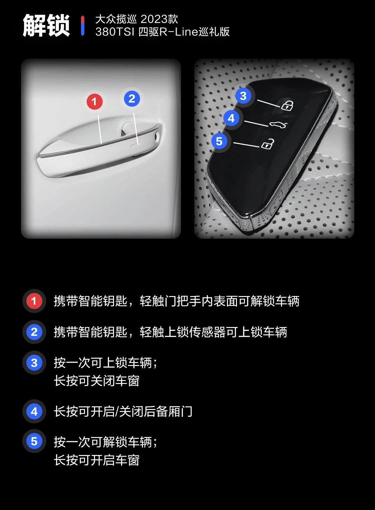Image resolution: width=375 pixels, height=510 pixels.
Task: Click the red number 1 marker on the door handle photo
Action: [94, 101]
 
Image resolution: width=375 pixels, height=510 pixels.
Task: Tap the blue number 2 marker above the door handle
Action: [132, 98]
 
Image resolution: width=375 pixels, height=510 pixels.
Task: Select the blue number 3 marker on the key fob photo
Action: [243, 96]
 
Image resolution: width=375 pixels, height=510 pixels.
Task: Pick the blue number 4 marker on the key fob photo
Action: [231, 118]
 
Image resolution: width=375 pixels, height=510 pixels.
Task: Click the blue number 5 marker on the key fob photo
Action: [219, 141]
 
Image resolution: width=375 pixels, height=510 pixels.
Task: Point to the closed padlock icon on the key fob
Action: [287, 105]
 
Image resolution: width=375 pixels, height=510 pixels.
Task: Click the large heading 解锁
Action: [46, 25]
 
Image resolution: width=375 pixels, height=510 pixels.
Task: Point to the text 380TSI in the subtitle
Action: [115, 32]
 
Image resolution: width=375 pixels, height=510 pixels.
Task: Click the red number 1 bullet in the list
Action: [34, 301]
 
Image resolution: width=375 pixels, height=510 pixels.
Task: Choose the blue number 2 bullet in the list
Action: [34, 332]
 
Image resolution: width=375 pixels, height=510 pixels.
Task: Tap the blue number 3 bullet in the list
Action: [34, 363]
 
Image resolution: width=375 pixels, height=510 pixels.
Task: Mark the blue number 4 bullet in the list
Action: [34, 411]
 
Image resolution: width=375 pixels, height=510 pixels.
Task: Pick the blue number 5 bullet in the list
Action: [34, 441]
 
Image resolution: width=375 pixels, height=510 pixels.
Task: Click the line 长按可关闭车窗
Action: [97, 381]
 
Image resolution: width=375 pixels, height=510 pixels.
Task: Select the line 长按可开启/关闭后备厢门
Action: [123, 411]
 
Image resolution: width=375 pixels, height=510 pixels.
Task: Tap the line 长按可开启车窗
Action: [97, 460]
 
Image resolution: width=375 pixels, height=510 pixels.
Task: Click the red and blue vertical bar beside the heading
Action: [82, 25]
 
